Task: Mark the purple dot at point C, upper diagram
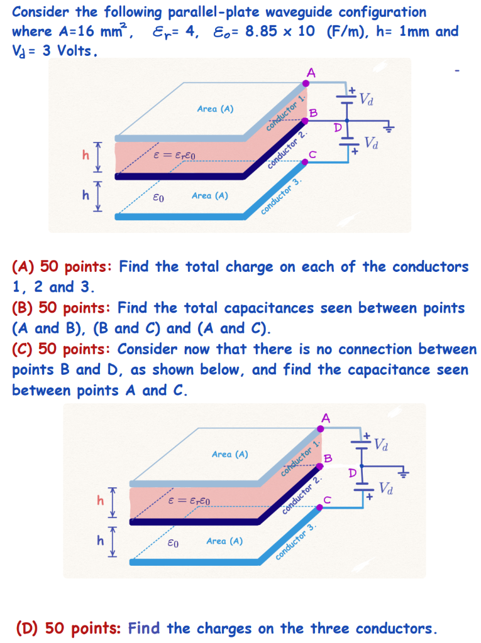pos(306,161)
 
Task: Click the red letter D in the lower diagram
pos(353,472)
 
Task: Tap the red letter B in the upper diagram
pos(313,112)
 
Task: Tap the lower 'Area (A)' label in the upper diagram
pos(209,195)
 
